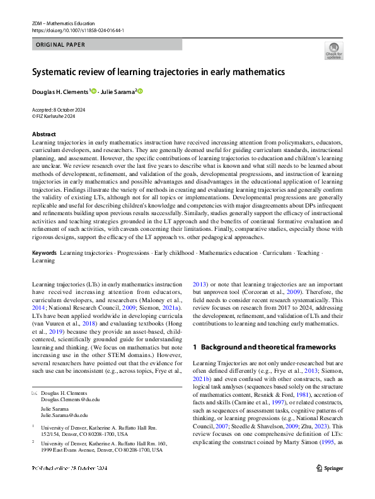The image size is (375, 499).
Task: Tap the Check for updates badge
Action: (333, 50)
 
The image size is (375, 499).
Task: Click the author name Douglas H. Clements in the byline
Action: (60, 92)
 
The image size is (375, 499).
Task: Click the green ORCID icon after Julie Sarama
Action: (141, 92)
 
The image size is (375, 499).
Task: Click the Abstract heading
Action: (43, 134)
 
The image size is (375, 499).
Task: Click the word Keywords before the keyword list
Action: (44, 252)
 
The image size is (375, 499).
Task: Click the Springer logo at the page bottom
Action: (330, 485)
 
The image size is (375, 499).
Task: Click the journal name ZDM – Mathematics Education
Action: (63, 23)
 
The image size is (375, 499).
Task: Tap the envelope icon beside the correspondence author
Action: (35, 393)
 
